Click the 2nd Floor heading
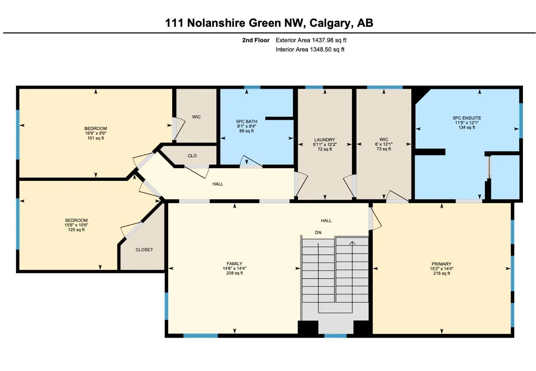[255, 40]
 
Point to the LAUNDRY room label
[324, 139]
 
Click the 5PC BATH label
[246, 121]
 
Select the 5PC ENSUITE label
[467, 118]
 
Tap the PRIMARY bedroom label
[441, 264]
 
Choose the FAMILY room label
[234, 263]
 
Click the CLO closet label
[192, 156]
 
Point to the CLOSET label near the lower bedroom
[144, 250]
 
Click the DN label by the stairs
[318, 233]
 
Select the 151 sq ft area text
[96, 138]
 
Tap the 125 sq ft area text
[76, 230]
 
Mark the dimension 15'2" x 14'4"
[441, 269]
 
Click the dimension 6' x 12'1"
[384, 144]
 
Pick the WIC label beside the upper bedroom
[196, 117]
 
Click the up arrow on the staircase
[352, 243]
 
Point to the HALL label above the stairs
[326, 220]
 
